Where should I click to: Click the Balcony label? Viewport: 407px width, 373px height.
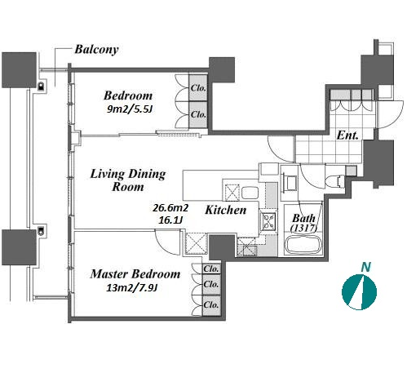97,50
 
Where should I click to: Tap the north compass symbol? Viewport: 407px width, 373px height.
359,292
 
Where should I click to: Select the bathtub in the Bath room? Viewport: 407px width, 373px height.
303,244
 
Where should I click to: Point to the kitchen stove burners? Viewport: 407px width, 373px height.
268,221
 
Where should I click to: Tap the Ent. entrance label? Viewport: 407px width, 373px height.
347,135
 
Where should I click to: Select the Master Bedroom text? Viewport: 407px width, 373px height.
135,274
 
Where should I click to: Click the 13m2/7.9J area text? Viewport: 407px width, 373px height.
131,288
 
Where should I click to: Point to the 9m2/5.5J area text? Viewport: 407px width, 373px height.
129,109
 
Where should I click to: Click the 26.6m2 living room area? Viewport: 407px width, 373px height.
170,208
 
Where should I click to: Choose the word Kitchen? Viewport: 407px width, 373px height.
226,210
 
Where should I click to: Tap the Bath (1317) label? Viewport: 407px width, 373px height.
303,223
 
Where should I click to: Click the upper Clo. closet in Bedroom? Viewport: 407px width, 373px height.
198,88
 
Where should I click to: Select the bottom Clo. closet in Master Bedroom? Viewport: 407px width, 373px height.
211,305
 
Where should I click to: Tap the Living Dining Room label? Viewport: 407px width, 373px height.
128,180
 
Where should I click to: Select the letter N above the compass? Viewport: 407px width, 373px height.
366,267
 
